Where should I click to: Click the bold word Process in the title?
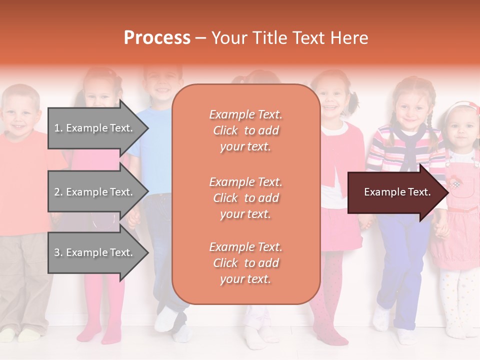(x=157, y=38)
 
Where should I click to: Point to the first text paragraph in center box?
(x=245, y=130)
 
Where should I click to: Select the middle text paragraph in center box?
(x=245, y=198)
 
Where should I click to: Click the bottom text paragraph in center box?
(x=245, y=263)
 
